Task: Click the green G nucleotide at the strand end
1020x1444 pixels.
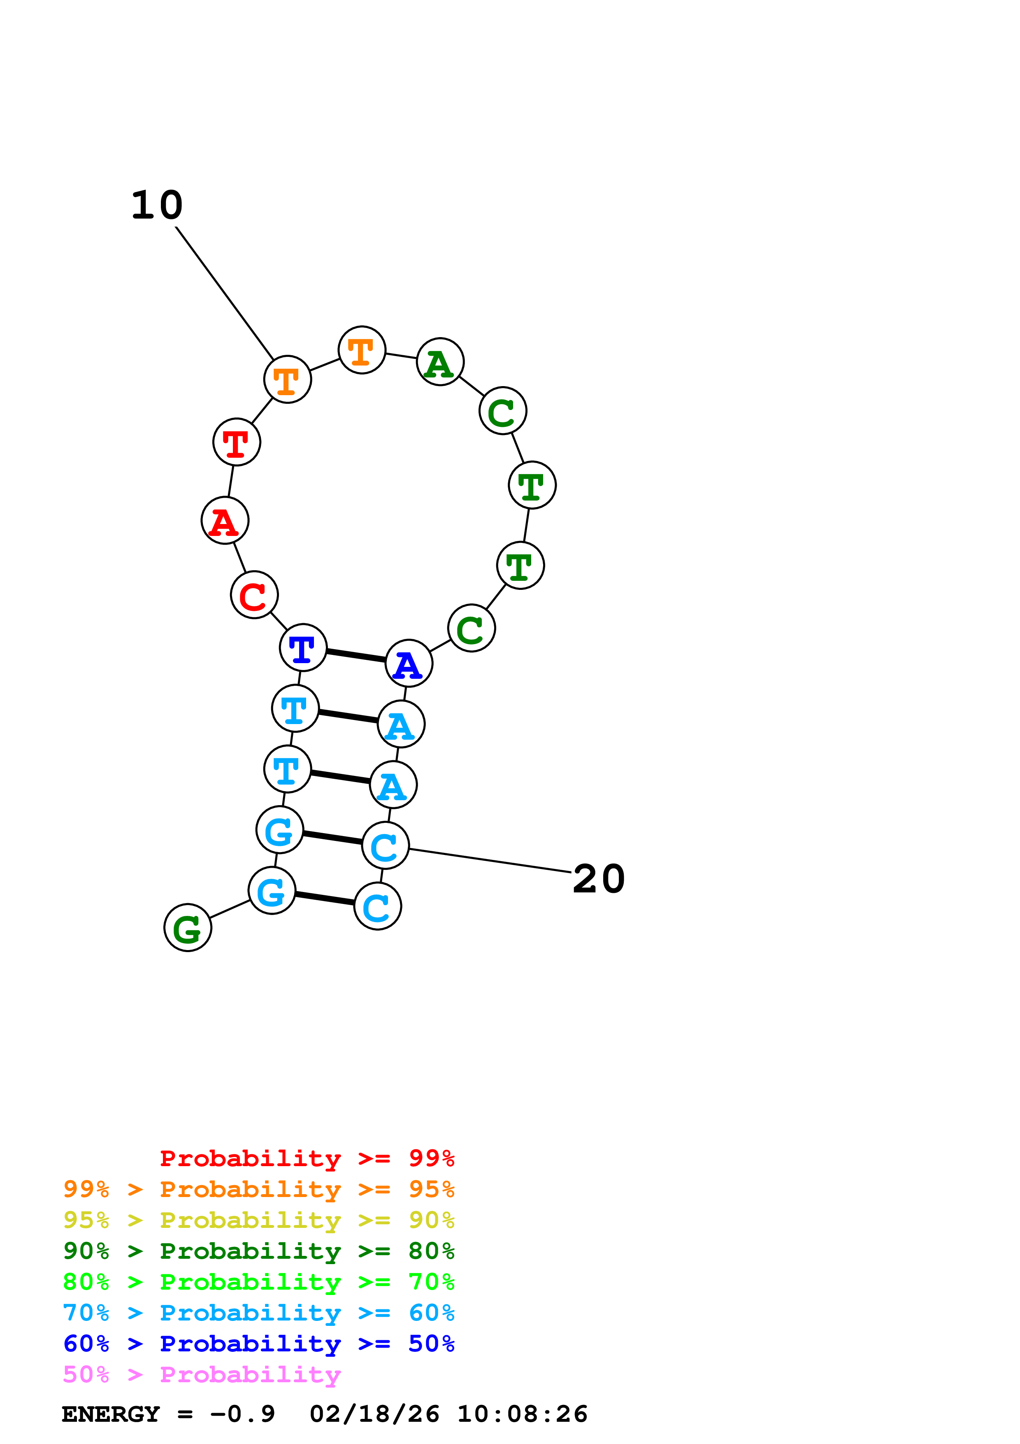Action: (x=187, y=928)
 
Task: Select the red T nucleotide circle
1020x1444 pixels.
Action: (x=236, y=442)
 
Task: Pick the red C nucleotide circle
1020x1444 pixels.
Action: (x=254, y=595)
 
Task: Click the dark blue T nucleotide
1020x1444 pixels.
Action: (x=303, y=648)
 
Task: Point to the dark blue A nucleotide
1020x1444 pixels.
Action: (x=409, y=664)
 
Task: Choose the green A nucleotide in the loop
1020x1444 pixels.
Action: (x=440, y=362)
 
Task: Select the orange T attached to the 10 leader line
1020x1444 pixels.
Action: (x=287, y=379)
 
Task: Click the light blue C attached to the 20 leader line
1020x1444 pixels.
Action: (x=385, y=846)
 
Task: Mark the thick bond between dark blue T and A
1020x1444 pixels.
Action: (x=356, y=655)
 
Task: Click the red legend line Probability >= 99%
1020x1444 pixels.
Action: (x=307, y=1158)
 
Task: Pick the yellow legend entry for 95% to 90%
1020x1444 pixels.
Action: (x=258, y=1220)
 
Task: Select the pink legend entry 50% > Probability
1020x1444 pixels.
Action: (x=201, y=1374)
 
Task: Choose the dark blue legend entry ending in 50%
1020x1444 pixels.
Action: (x=258, y=1344)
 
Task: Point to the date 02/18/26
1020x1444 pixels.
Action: (x=374, y=1414)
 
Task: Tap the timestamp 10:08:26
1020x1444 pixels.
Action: (x=522, y=1414)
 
